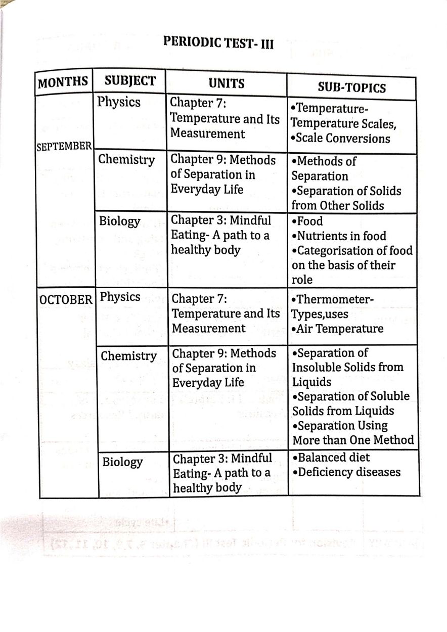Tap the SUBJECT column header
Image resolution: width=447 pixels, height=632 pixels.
[130, 81]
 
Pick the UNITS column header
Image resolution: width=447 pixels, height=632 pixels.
[227, 83]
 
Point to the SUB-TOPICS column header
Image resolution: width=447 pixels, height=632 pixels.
[351, 88]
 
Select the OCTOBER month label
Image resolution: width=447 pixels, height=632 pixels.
[66, 299]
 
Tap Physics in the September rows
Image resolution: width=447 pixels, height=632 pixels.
[119, 102]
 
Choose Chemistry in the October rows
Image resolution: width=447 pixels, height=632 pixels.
[128, 356]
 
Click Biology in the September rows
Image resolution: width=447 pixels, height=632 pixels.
[119, 221]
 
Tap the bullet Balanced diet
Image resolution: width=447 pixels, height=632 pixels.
[331, 458]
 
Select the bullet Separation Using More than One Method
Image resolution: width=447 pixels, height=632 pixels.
[353, 433]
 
